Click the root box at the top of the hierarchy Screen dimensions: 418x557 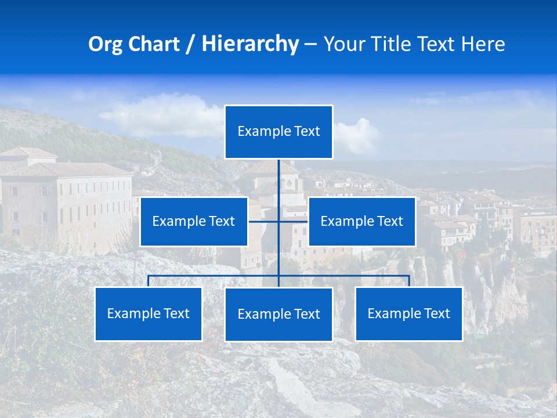(x=278, y=132)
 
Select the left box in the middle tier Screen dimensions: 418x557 (x=194, y=221)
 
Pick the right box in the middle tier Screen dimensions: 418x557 (x=361, y=221)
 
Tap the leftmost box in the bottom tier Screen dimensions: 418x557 (x=149, y=313)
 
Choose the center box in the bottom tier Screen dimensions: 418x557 (x=278, y=314)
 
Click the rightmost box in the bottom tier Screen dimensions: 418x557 (x=408, y=313)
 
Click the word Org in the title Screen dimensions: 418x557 (x=105, y=44)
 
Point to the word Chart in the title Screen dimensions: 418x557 (x=154, y=44)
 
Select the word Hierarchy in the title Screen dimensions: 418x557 (x=249, y=44)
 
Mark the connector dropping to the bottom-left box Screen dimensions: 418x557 (x=149, y=281)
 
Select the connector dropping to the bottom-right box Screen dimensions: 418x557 (x=408, y=281)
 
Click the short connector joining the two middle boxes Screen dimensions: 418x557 (x=264, y=221)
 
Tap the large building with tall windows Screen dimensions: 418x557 (x=70, y=203)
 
